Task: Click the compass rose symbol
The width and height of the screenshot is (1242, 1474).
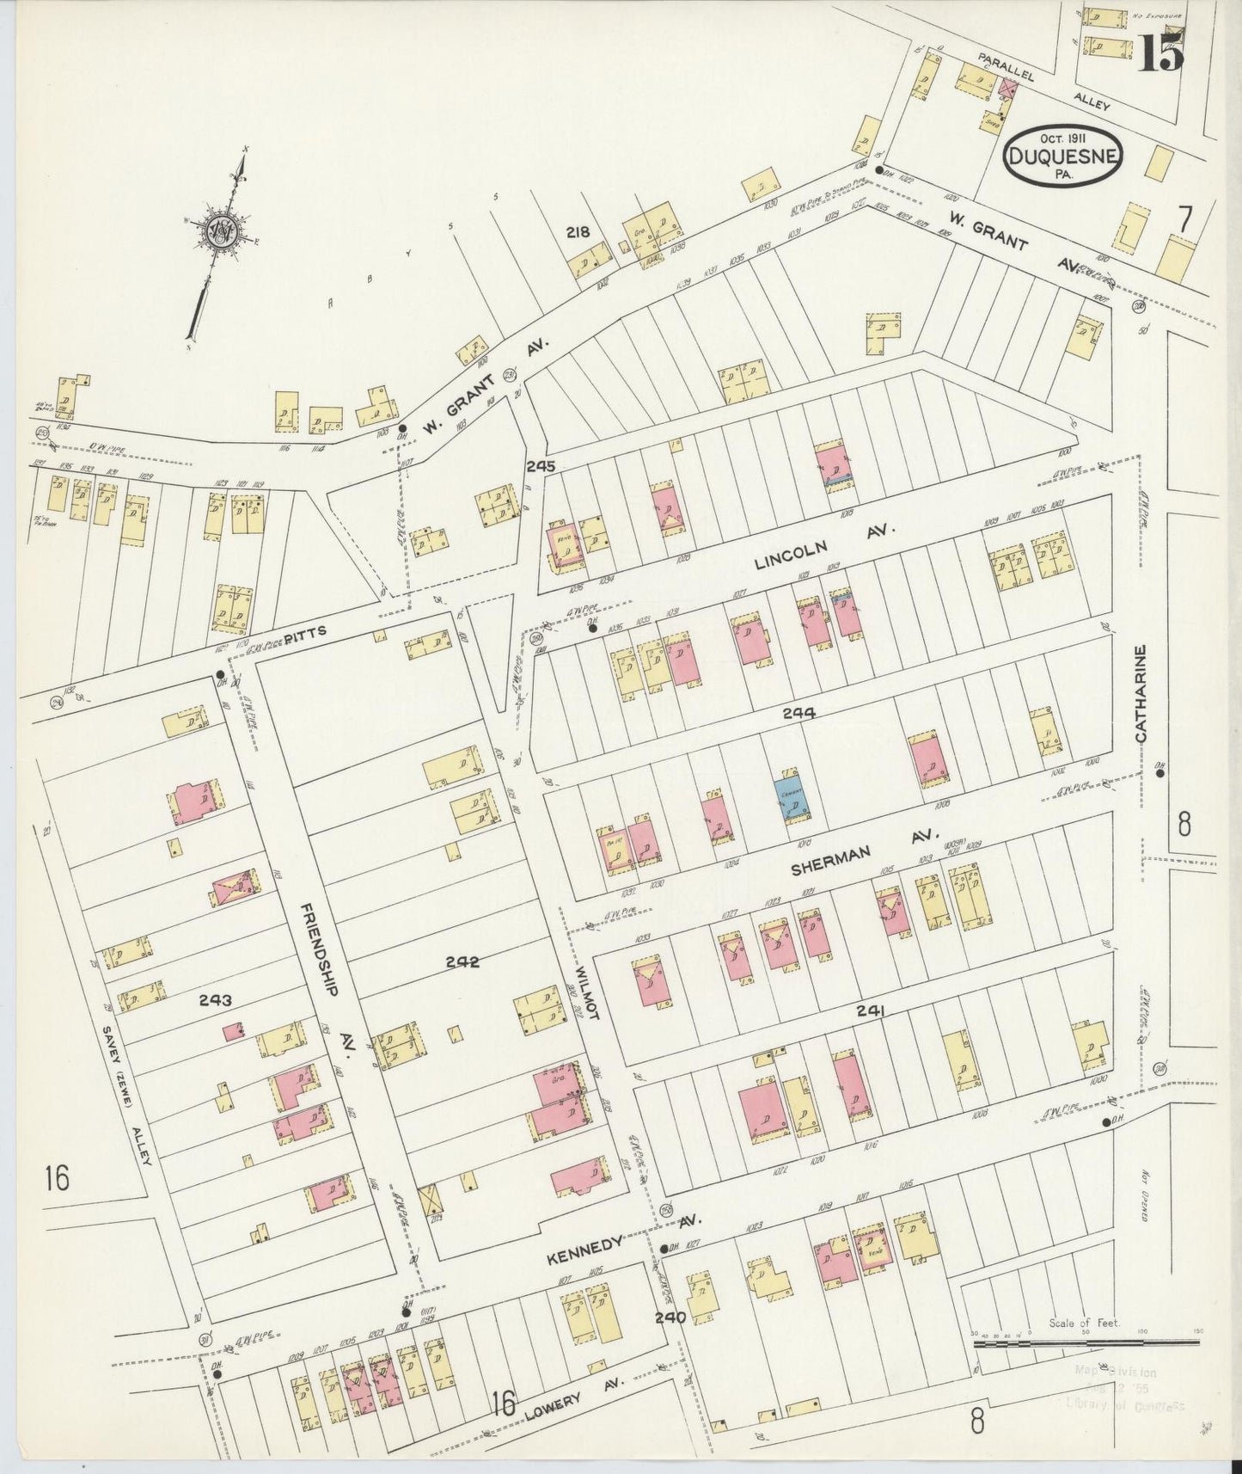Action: click(x=219, y=233)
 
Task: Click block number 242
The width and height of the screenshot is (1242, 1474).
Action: click(x=462, y=962)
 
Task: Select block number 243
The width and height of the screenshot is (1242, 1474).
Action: click(x=215, y=1000)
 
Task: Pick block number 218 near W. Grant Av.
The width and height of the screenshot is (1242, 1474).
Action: click(x=578, y=232)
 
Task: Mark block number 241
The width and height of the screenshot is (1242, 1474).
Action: click(x=870, y=1012)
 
